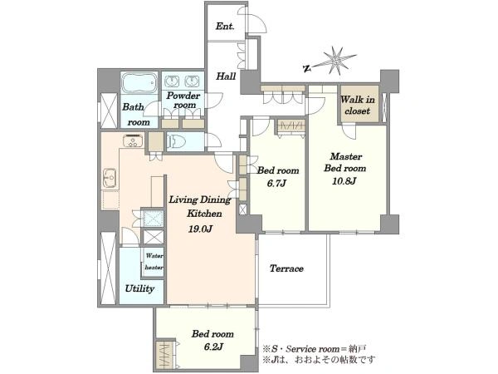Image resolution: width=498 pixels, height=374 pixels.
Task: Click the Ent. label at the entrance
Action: coord(225,26)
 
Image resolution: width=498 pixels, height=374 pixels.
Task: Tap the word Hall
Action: coord(226,76)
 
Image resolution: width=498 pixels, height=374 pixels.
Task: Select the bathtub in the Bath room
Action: coord(139,82)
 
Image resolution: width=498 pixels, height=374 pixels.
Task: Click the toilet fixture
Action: coord(176,141)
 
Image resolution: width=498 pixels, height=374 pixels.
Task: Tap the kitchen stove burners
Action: coord(133,140)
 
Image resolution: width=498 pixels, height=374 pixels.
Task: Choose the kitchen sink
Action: coord(110,179)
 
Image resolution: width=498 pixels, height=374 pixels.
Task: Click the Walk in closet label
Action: coord(358,106)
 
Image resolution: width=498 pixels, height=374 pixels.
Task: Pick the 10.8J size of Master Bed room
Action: coord(344,181)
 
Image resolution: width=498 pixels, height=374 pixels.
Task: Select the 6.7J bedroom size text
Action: coord(276,184)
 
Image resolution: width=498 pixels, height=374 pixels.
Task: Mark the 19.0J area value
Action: coord(200,229)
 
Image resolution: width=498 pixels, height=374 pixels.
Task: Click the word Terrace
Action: coord(286,268)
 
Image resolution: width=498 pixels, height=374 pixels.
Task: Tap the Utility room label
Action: coord(139,288)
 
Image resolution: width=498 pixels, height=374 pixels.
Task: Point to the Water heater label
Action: coord(154,262)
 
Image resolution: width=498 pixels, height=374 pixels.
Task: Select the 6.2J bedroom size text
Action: coord(213,347)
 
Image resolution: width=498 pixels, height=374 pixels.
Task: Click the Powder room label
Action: coord(183,101)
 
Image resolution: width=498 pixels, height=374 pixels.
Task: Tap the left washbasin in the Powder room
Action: coord(172,81)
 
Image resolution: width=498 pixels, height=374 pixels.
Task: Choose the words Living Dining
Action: coord(200,199)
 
